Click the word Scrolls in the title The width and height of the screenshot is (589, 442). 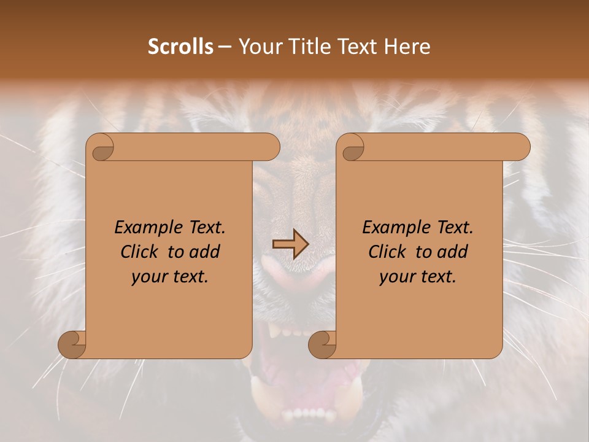[x=180, y=47]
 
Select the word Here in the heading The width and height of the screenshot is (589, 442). [x=408, y=47]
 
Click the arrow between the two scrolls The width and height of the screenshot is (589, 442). [x=290, y=244]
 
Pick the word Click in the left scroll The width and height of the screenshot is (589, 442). [x=141, y=252]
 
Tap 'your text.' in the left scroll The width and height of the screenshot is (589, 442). [x=170, y=277]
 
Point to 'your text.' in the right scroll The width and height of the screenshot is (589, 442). [x=418, y=277]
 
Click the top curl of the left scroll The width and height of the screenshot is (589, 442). [x=101, y=148]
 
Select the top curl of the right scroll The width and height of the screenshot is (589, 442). [x=352, y=148]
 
